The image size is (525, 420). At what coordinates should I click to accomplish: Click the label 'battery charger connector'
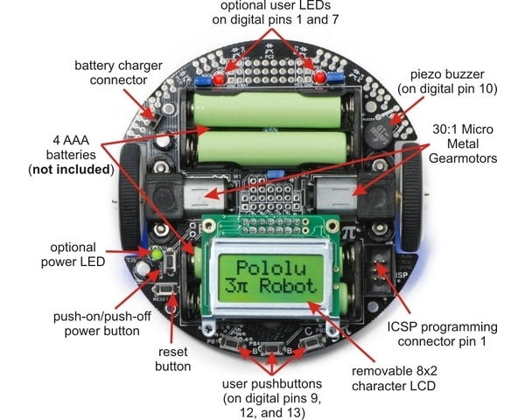(116, 74)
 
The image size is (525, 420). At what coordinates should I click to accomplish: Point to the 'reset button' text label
(172, 359)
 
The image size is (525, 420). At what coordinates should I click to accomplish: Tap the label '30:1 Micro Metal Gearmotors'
(463, 143)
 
